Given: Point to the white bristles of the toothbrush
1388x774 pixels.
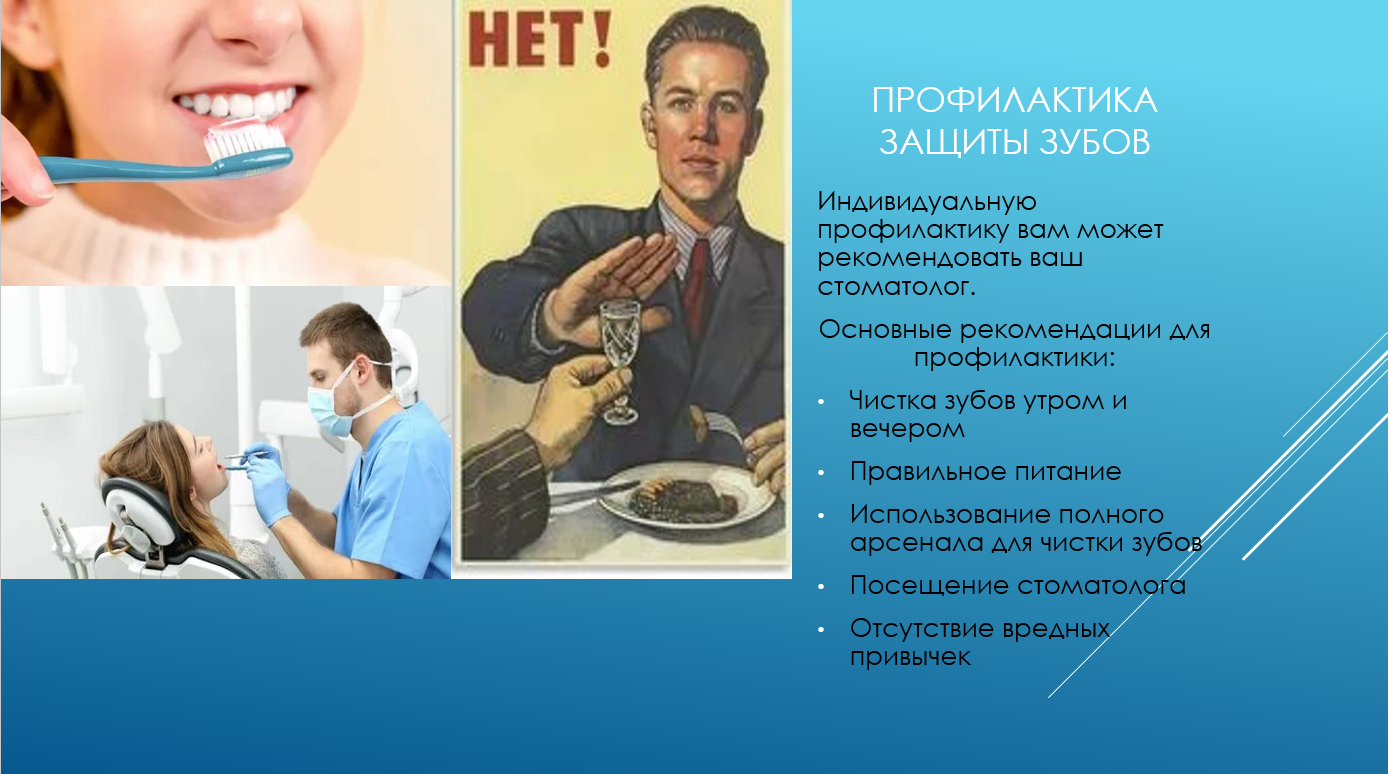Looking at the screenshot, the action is pyautogui.click(x=245, y=140).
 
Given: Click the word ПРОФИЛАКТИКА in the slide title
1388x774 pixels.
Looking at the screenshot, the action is pyautogui.click(x=1014, y=100).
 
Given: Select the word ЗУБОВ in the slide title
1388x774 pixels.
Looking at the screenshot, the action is pyautogui.click(x=1094, y=142).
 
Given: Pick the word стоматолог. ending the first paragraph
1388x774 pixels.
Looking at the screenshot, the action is pyautogui.click(x=896, y=287).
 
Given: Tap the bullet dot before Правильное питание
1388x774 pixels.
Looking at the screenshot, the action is pyautogui.click(x=821, y=473).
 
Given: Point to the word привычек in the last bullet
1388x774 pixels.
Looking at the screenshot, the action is pyautogui.click(x=910, y=657).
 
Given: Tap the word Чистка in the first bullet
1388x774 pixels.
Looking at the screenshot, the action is pyautogui.click(x=893, y=400).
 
